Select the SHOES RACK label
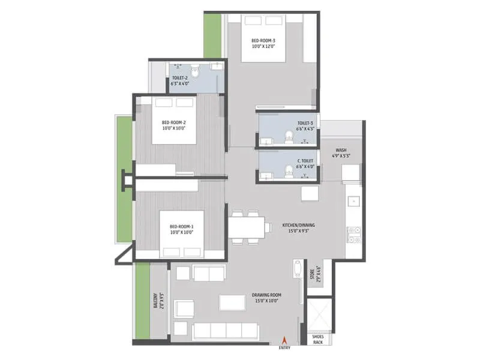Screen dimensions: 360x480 point(318,340)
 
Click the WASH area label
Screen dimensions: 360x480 point(341,151)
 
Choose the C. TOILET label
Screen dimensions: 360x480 point(306,161)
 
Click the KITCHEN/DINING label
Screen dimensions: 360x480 point(298,226)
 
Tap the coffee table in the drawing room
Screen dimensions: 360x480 point(232,302)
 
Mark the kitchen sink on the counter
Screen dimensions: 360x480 point(354,201)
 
